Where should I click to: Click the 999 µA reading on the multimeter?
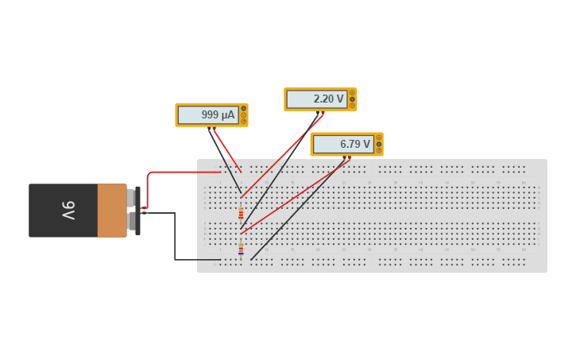click(x=218, y=115)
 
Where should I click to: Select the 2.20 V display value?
click(x=328, y=99)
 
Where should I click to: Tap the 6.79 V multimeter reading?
click(x=354, y=145)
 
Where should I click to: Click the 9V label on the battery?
click(x=67, y=211)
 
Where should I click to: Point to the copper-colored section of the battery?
click(x=112, y=211)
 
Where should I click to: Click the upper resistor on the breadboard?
click(x=241, y=213)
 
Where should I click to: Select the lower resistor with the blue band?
click(x=241, y=250)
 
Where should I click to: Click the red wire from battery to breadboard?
click(x=183, y=172)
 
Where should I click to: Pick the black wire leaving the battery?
click(x=175, y=238)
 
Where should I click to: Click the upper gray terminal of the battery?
click(x=132, y=197)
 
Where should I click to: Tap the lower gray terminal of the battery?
click(x=132, y=220)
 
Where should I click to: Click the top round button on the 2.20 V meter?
click(x=352, y=93)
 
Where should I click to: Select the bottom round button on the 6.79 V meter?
click(x=378, y=150)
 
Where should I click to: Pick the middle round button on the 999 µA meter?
click(x=243, y=114)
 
